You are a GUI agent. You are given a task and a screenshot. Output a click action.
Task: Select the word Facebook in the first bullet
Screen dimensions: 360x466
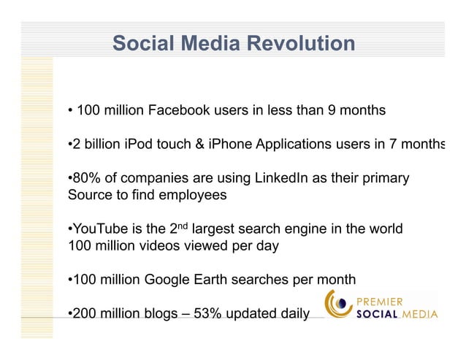click(x=179, y=112)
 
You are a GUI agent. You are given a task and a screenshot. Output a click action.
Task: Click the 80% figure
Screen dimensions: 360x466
click(x=86, y=179)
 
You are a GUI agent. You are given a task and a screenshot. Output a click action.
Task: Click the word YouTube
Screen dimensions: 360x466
click(x=98, y=229)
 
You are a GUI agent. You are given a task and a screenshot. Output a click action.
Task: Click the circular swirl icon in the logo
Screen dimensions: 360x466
click(x=338, y=305)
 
